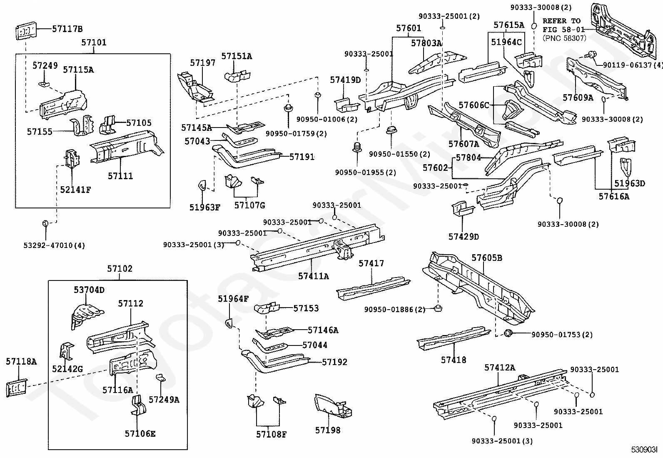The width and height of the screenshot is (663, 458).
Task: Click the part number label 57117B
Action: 67,29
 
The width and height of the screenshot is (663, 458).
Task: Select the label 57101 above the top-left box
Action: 94,43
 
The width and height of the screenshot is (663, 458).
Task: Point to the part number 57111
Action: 120,176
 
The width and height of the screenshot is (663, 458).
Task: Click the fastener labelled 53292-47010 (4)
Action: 45,223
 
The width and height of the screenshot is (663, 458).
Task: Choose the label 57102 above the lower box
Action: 120,269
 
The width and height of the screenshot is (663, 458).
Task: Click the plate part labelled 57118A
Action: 17,388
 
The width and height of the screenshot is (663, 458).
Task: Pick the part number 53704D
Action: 89,290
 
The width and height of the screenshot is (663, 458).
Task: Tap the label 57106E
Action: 140,434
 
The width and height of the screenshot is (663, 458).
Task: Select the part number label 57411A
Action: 314,276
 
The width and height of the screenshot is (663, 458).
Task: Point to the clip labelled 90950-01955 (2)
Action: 357,147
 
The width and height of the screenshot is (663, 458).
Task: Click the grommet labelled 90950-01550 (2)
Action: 391,130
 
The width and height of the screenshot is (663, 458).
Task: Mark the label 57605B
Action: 487,258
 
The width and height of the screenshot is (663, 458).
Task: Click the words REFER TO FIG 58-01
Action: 563,25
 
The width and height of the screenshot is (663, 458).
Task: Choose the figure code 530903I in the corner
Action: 644,450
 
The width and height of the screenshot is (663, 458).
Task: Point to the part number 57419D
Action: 345,80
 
